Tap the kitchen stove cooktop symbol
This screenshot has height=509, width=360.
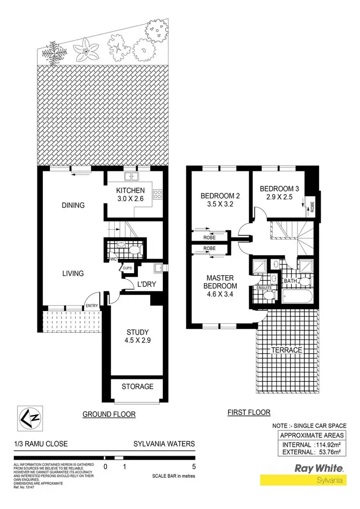(x=157, y=194)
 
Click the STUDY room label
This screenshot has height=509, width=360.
(x=138, y=332)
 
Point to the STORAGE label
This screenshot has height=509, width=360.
(x=137, y=386)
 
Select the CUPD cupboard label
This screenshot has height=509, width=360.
(x=128, y=268)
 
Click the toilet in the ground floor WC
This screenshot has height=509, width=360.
(x=135, y=250)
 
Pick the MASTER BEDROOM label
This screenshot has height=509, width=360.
(x=220, y=282)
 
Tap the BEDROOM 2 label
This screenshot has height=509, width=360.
(x=220, y=195)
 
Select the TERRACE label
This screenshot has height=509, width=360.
(x=286, y=350)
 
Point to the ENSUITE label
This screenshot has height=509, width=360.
(x=264, y=288)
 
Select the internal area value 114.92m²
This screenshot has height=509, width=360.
(x=324, y=444)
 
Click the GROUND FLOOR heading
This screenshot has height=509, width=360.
(x=109, y=414)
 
